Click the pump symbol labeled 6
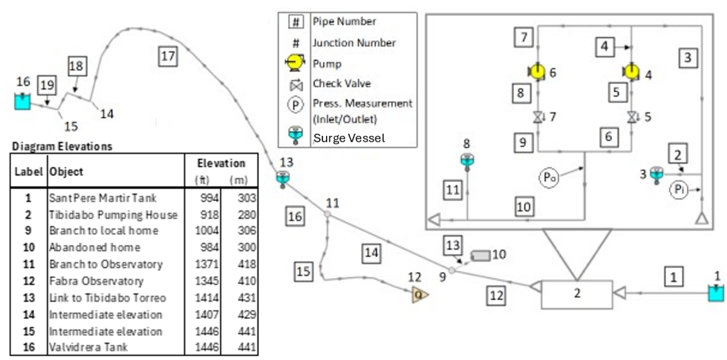536,72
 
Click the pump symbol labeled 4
631,72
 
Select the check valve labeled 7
537,116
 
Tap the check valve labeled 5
631,116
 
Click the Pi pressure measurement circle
678,190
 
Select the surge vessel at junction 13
282,179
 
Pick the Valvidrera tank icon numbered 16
22,101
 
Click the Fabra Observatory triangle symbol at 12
420,295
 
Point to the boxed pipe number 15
305,272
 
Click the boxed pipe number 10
524,206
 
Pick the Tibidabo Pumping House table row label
113,215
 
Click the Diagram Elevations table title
62,146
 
